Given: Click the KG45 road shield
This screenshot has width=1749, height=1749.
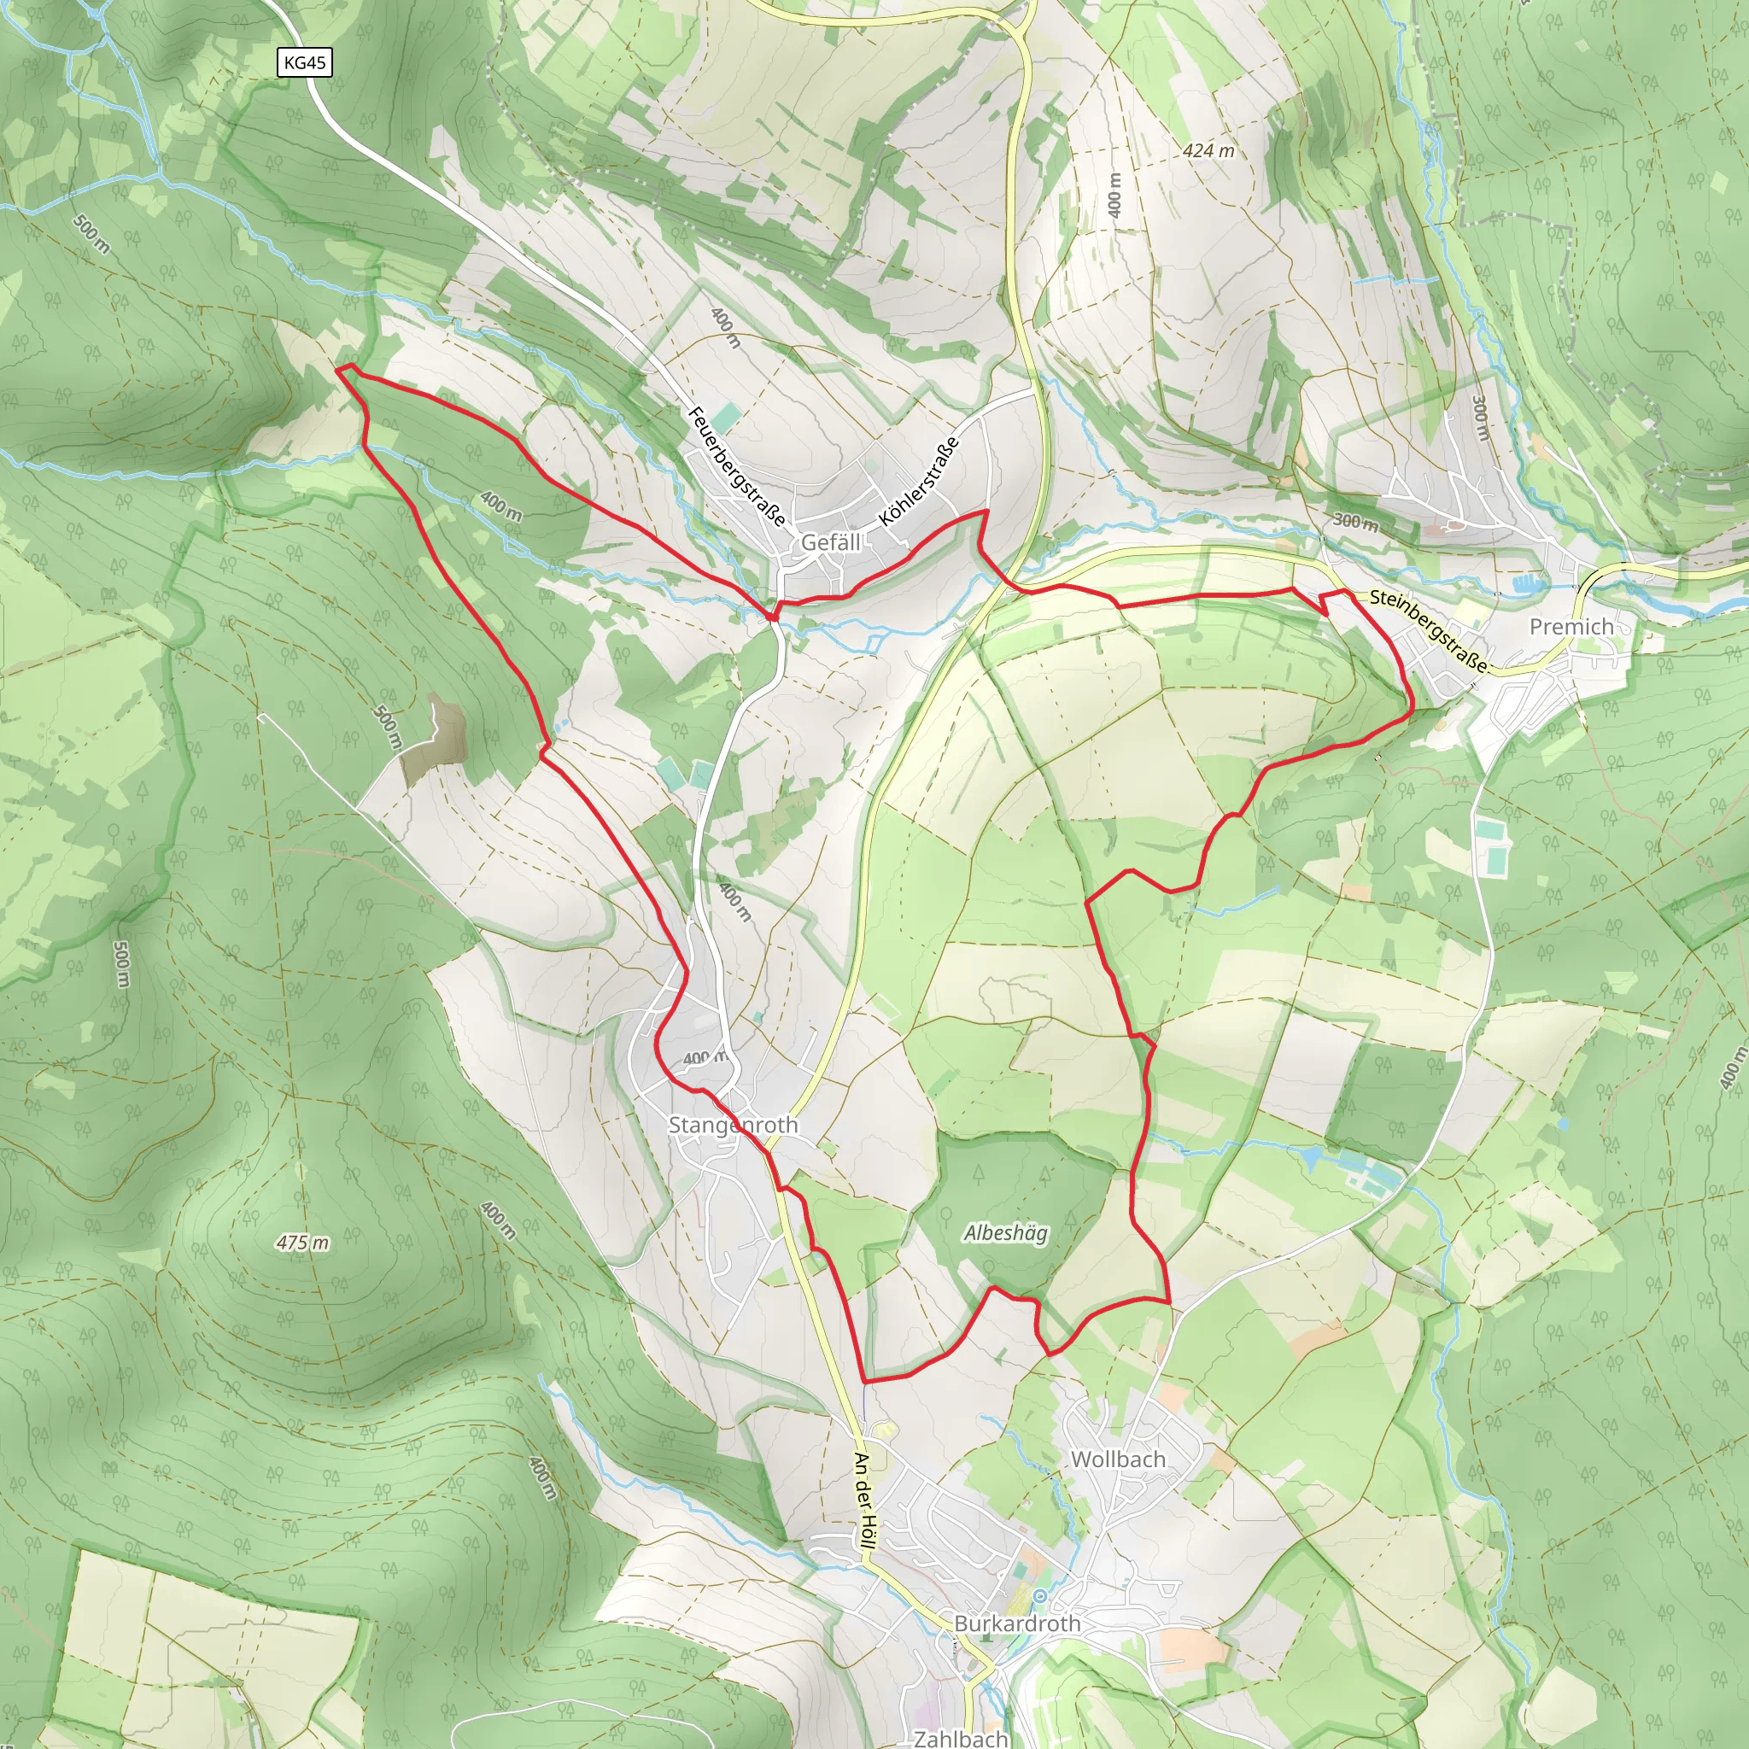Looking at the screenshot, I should tap(303, 62).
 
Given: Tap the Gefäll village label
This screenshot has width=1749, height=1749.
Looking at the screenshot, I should tap(831, 542).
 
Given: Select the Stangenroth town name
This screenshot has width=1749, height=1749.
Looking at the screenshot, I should tap(734, 1125).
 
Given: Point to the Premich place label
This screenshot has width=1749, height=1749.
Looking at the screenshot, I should tap(1571, 627).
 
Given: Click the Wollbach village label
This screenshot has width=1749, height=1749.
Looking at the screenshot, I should tap(1118, 1459).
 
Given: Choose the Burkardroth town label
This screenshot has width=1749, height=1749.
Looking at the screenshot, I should tap(1017, 1623).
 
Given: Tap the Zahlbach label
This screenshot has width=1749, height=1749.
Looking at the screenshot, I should tap(962, 1738).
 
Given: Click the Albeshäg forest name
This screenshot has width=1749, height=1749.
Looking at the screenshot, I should tap(1006, 1233).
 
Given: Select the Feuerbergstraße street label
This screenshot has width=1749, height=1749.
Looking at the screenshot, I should tap(737, 467).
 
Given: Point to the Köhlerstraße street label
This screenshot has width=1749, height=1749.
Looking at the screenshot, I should tap(919, 482).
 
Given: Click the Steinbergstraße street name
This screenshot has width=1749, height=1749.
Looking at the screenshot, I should tap(1428, 630).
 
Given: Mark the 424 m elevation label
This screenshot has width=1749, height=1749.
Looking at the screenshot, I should tap(1208, 151).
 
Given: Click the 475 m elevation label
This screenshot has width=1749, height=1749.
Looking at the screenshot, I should tap(302, 1243).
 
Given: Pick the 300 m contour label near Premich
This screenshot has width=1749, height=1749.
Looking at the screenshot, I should tap(1355, 522).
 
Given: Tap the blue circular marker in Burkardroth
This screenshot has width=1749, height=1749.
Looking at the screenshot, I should tap(1040, 1596).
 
